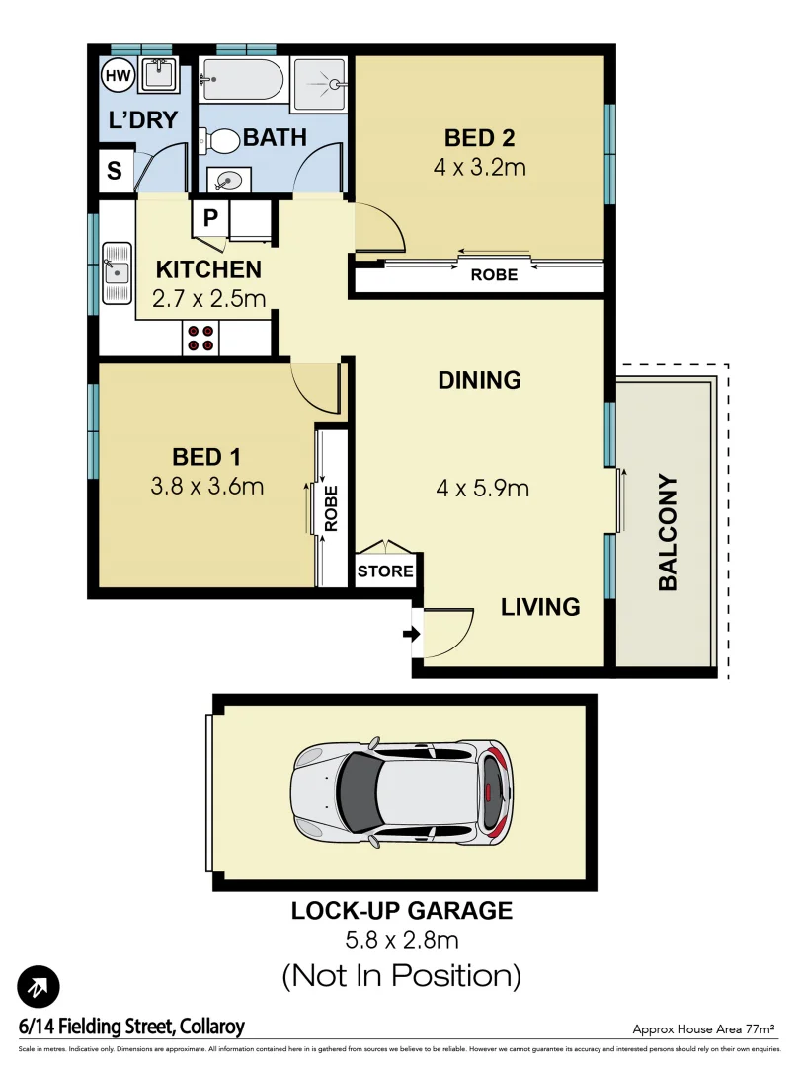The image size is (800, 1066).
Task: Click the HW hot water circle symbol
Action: (x=116, y=75)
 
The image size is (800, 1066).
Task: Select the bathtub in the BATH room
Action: (x=243, y=79)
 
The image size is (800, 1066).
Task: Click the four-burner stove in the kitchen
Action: (x=202, y=339)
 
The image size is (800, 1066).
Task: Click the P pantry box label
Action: (x=210, y=218)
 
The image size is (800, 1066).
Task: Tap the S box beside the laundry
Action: (x=115, y=171)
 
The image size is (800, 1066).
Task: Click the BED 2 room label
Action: (x=479, y=137)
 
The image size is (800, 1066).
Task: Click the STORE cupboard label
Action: (x=385, y=571)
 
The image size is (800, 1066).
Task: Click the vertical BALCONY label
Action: (x=669, y=533)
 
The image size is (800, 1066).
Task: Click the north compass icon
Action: (x=39, y=986)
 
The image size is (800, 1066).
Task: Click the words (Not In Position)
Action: (x=401, y=976)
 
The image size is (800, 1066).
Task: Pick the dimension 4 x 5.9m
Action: (x=483, y=488)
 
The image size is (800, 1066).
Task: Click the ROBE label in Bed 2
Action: (x=494, y=275)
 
